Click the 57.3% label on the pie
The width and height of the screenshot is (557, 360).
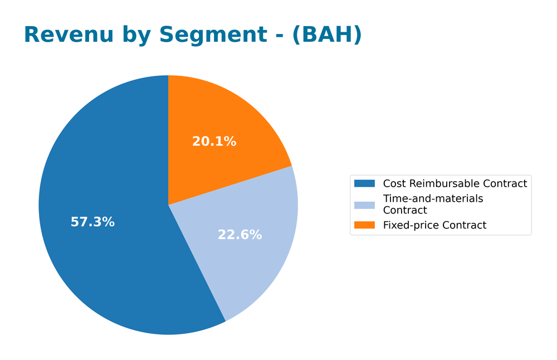tap(92, 222)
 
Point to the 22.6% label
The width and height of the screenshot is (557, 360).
tap(240, 235)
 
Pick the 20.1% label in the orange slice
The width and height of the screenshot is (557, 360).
tap(214, 142)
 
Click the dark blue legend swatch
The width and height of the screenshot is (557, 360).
tap(365, 183)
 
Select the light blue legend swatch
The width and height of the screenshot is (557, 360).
tap(365, 204)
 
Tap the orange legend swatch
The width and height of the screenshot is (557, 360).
tap(365, 225)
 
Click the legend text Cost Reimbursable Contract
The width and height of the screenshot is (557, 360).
tap(455, 183)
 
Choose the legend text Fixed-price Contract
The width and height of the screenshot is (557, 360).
tap(434, 225)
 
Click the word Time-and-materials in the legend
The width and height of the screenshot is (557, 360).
tap(433, 198)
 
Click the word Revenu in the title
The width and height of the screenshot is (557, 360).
tap(60, 35)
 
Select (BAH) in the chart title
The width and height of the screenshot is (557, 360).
tap(327, 35)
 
